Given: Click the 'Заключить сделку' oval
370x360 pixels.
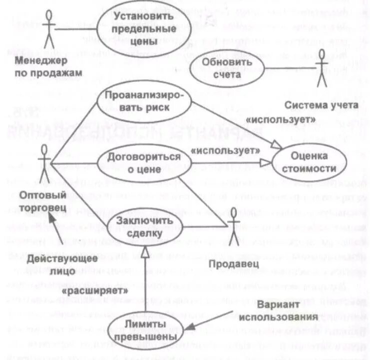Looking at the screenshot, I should coord(137,226).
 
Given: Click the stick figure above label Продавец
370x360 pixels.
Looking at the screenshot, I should coord(231,221).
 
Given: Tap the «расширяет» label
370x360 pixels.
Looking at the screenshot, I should coord(92,288).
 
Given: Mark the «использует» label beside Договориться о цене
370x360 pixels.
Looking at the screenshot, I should coord(226,149).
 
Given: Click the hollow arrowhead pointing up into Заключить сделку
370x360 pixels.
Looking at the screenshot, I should coord(144,250).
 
